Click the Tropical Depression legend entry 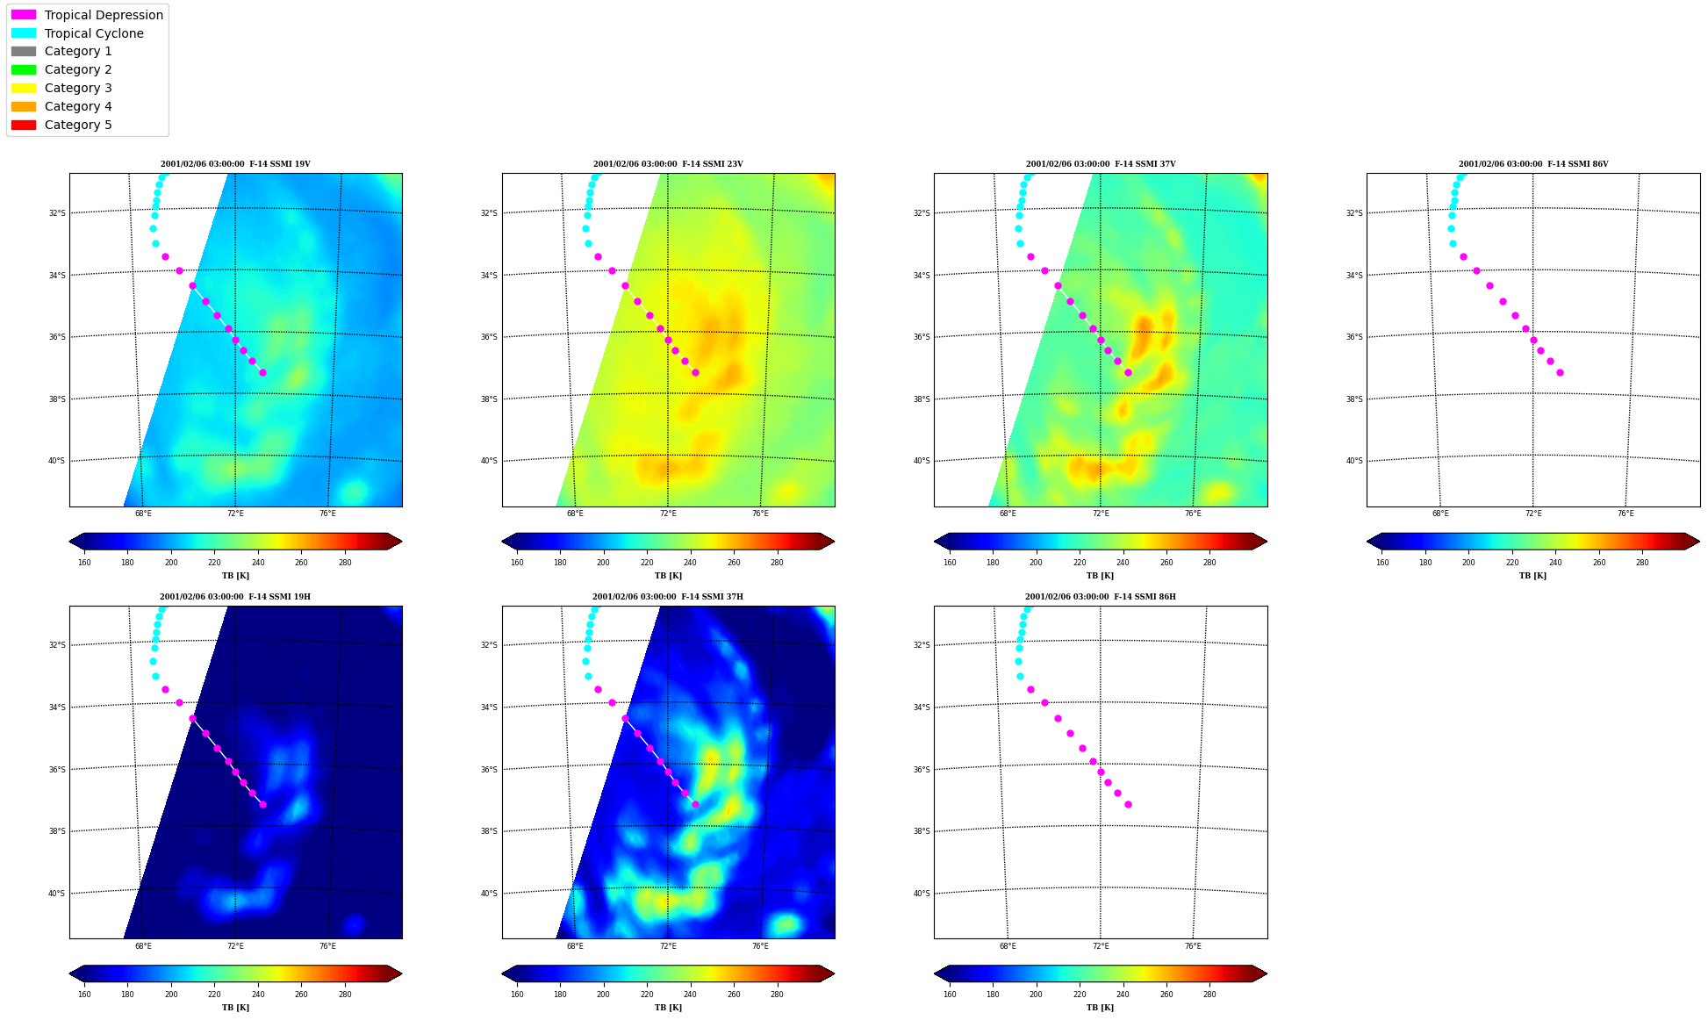pyautogui.click(x=87, y=15)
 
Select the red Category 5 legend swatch pyautogui.click(x=24, y=125)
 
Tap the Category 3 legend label pyautogui.click(x=78, y=88)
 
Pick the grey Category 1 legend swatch pyautogui.click(x=24, y=52)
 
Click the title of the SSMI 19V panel pyautogui.click(x=235, y=164)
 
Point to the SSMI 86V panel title pyautogui.click(x=1533, y=164)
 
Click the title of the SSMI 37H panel pyautogui.click(x=668, y=597)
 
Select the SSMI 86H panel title pyautogui.click(x=1101, y=597)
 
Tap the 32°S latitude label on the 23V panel pyautogui.click(x=489, y=213)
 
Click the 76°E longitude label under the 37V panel pyautogui.click(x=1193, y=514)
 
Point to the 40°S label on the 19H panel pyautogui.click(x=56, y=894)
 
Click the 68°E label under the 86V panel pyautogui.click(x=1440, y=514)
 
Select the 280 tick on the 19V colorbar pyautogui.click(x=345, y=563)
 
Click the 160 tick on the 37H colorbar pyautogui.click(x=517, y=995)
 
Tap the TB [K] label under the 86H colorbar pyautogui.click(x=1101, y=1008)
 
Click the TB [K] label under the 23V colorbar pyautogui.click(x=668, y=576)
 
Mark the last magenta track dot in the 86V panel pyautogui.click(x=1560, y=373)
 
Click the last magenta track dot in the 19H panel pyautogui.click(x=262, y=805)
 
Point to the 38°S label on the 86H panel pyautogui.click(x=921, y=831)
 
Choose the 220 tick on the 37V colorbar pyautogui.click(x=1080, y=563)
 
